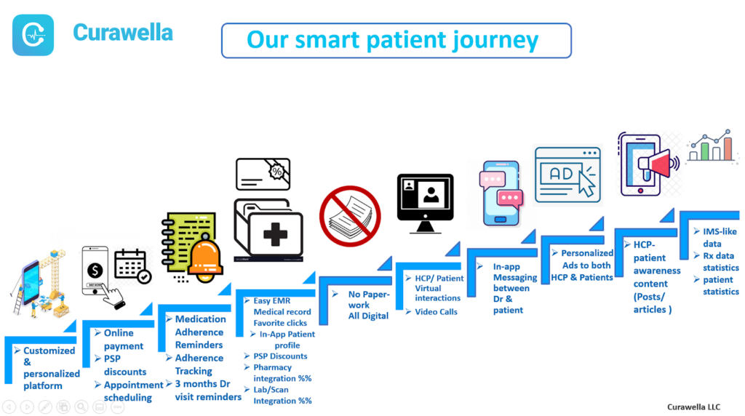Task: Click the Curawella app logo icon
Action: pos(33,35)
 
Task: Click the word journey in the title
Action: pos(495,41)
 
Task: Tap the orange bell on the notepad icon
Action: pos(206,259)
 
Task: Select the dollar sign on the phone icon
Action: pos(95,271)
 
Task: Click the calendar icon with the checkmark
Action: pos(132,266)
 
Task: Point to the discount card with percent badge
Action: pos(263,175)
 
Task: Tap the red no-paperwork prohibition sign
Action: pos(350,216)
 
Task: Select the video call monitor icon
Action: pos(425,203)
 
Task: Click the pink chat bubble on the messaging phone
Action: pos(510,198)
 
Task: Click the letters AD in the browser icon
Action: pos(561,174)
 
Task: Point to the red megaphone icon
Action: pos(659,164)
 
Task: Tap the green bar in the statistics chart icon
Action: pos(705,151)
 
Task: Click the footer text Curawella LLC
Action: pos(693,407)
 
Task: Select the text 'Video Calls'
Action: pos(437,312)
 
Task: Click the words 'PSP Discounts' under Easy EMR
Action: pos(280,356)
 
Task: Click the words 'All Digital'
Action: pos(368,316)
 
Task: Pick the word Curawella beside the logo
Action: pos(123,33)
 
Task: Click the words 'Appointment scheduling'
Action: pos(134,391)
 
